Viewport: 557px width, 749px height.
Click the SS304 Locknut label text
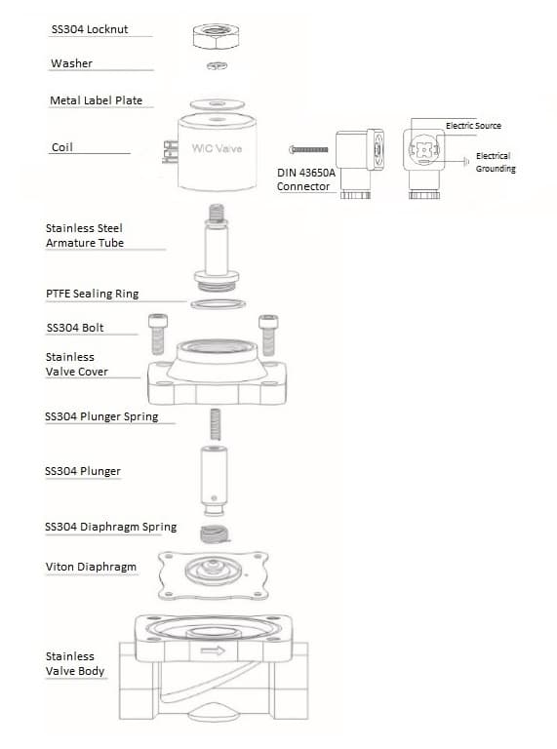tap(90, 29)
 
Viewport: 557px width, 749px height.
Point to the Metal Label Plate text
tap(96, 100)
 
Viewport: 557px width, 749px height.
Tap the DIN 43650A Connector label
tap(306, 179)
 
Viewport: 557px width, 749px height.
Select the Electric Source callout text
tap(473, 126)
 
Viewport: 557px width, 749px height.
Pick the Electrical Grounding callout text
tap(495, 162)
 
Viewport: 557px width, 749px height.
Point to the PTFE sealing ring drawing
tap(218, 305)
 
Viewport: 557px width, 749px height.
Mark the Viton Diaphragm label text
tap(91, 567)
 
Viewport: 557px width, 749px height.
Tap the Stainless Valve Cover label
tap(77, 364)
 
